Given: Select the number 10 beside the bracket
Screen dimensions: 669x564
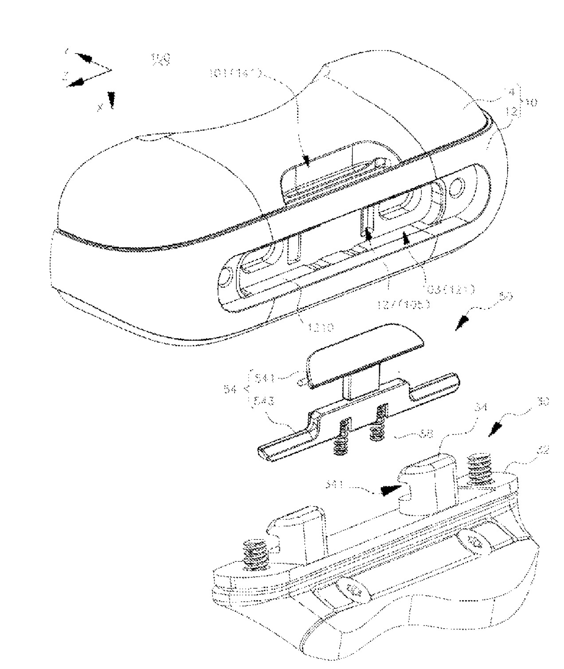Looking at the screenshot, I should click(531, 102).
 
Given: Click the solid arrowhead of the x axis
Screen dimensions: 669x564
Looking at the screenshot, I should click(111, 100).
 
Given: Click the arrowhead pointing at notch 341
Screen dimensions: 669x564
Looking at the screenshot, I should click(388, 490).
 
